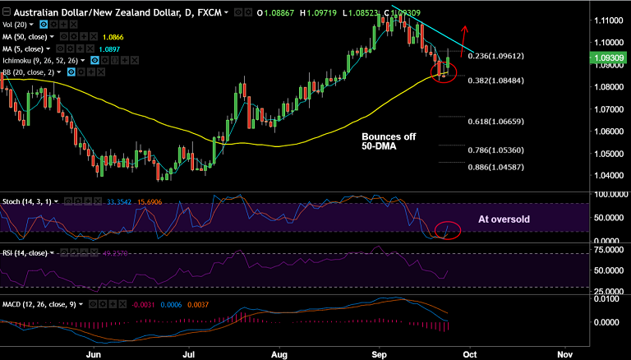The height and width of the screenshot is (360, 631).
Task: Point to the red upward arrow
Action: pyautogui.click(x=465, y=37)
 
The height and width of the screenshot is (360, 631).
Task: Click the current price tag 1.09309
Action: pyautogui.click(x=607, y=58)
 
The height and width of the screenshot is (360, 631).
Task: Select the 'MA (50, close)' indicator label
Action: pyautogui.click(x=28, y=37)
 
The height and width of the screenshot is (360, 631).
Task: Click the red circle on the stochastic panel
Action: pyautogui.click(x=447, y=231)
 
